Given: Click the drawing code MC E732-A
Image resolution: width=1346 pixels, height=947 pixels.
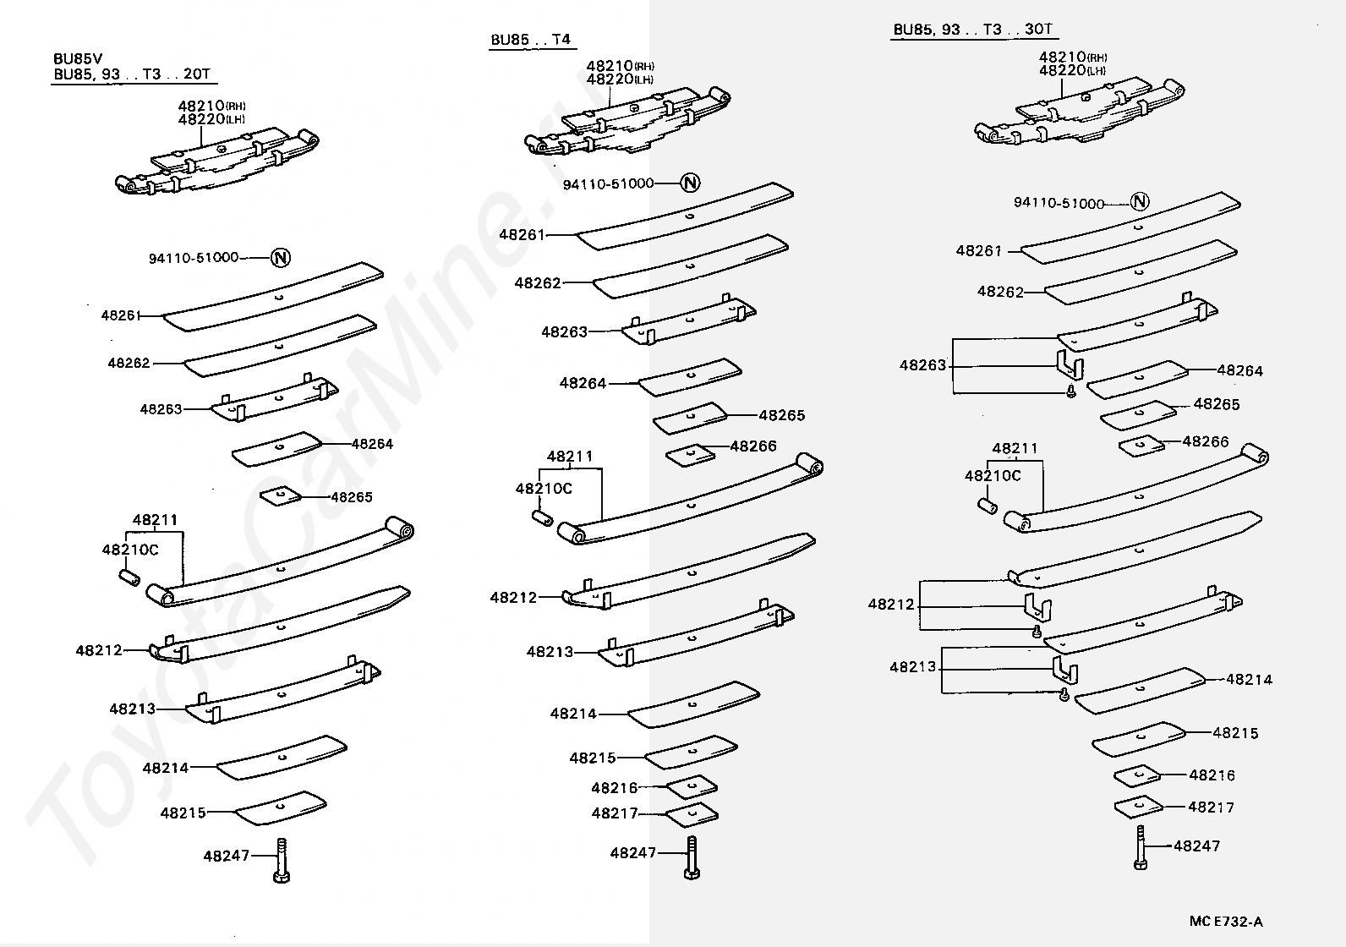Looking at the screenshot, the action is point(1226,921).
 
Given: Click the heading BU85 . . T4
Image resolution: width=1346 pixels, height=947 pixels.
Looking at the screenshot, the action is point(530,40).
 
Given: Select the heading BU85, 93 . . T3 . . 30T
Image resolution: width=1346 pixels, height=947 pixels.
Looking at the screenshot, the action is point(972,30).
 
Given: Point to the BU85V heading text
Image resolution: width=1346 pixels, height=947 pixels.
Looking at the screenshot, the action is point(78,59).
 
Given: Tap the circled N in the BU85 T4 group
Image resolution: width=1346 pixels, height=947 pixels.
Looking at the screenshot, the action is point(690,183).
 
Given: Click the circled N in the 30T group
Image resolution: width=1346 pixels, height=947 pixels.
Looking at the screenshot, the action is point(1140,201).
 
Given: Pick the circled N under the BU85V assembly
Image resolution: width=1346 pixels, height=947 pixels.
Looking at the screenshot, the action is point(280,258).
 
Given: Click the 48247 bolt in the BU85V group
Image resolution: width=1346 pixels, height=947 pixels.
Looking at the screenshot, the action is point(282,861).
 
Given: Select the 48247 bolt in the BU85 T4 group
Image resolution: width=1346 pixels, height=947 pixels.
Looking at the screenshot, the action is point(692,857).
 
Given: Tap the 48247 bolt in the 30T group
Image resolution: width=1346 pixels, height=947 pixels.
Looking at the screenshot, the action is point(1140,847).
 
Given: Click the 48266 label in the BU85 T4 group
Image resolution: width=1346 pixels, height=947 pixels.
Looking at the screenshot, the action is point(753,446).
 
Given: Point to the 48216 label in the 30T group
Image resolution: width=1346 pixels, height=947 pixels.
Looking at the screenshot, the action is point(1212,775).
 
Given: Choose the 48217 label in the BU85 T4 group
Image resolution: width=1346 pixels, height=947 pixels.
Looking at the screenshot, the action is point(615,813).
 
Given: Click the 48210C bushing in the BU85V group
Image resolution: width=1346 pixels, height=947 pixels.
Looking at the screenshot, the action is point(130,578).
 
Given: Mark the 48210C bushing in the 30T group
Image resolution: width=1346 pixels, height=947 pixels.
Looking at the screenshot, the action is point(988,506).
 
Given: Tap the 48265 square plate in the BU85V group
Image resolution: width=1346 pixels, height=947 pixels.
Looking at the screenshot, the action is point(280,496).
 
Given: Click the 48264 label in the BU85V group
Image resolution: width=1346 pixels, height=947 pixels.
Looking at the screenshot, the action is point(372,444).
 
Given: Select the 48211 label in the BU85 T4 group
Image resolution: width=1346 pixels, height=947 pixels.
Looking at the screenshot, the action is point(570,456).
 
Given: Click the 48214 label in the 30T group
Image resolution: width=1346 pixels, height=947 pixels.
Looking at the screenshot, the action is point(1250,680).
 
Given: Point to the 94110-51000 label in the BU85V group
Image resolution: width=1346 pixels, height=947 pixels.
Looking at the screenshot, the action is point(194,258).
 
